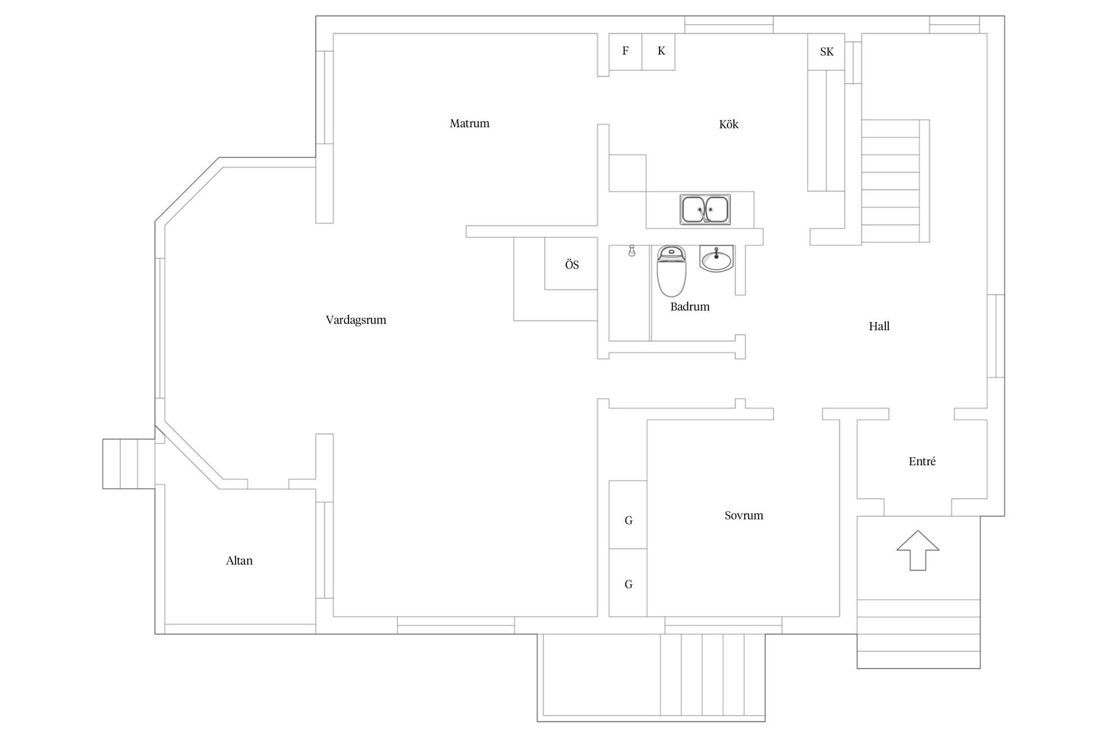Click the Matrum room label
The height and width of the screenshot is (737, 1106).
pyautogui.click(x=469, y=123)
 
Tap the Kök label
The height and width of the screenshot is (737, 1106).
pyautogui.click(x=728, y=124)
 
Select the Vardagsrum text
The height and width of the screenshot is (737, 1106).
pyautogui.click(x=356, y=320)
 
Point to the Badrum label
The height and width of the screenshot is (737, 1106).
pyautogui.click(x=690, y=307)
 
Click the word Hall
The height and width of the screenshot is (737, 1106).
pyautogui.click(x=879, y=326)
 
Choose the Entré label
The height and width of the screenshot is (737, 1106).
pyautogui.click(x=922, y=462)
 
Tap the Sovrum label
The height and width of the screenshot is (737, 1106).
pyautogui.click(x=744, y=516)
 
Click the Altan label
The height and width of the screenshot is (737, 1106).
pyautogui.click(x=239, y=561)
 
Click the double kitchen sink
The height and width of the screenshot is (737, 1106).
pyautogui.click(x=705, y=210)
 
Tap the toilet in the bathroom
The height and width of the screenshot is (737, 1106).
pyautogui.click(x=672, y=271)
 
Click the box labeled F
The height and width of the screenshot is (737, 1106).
pyautogui.click(x=626, y=52)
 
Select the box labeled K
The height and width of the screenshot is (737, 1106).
pyautogui.click(x=659, y=52)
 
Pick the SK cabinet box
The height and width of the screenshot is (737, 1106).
pyautogui.click(x=826, y=52)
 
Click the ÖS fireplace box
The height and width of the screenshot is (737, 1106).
pyautogui.click(x=571, y=264)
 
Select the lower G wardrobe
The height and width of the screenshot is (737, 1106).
pyautogui.click(x=628, y=583)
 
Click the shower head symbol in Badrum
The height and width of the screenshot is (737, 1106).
pyautogui.click(x=632, y=251)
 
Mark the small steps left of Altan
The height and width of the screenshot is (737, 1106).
pyautogui.click(x=128, y=464)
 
